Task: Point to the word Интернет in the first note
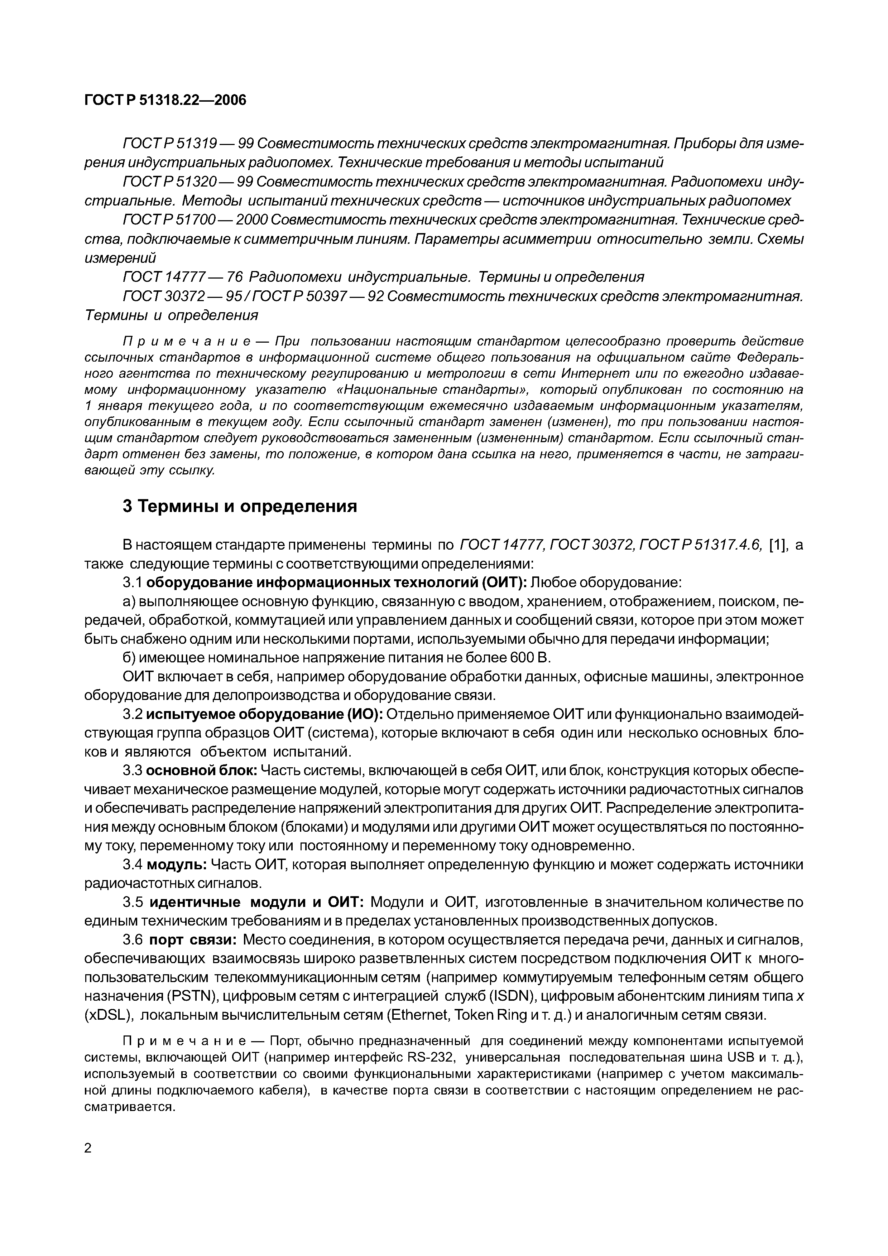click(594, 374)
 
